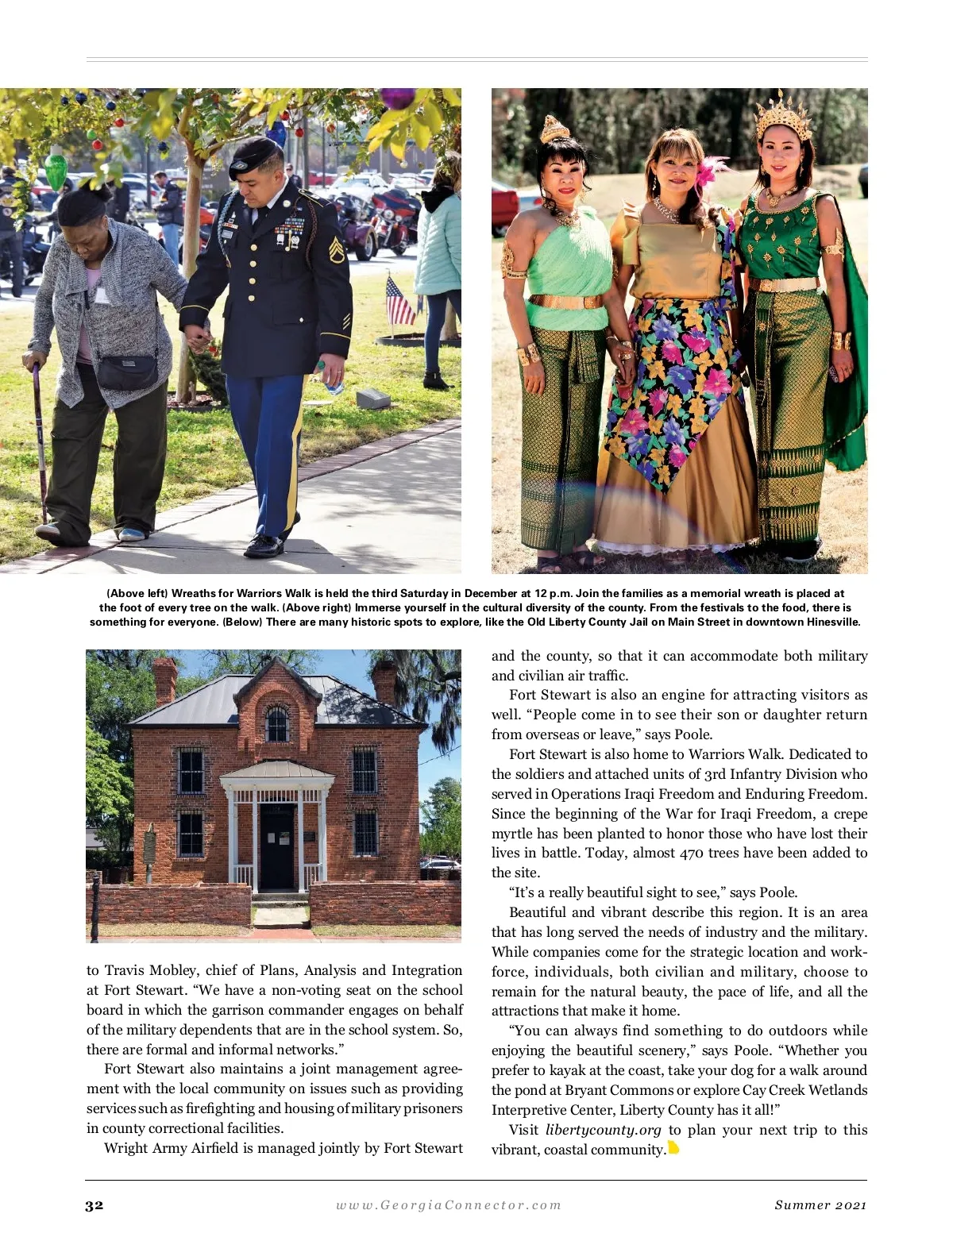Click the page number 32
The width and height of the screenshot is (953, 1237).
[95, 1205]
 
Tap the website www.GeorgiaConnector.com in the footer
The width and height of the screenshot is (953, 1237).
[449, 1205]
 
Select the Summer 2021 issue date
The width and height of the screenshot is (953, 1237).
[820, 1205]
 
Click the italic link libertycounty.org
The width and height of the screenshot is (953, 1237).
[604, 1130]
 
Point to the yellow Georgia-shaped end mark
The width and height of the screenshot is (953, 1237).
[673, 1147]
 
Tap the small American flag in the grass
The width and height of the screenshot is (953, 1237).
[399, 301]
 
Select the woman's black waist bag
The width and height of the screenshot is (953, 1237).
[127, 372]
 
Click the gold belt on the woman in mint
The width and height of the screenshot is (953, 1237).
[565, 302]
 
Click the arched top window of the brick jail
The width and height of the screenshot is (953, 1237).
[277, 722]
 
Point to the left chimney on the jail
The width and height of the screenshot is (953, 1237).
[165, 680]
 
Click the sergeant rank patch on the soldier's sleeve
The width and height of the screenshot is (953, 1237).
[336, 252]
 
